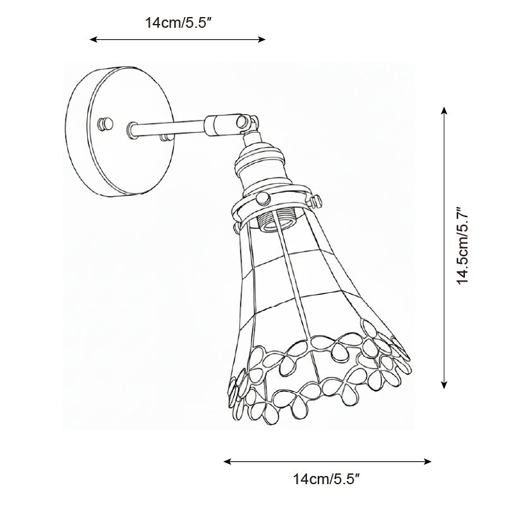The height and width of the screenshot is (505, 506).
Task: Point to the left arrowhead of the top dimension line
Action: pyautogui.click(x=93, y=40)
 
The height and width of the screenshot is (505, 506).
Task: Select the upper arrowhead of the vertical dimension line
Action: pyautogui.click(x=445, y=111)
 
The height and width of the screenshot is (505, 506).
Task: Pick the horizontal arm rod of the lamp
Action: pyautogui.click(x=167, y=126)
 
